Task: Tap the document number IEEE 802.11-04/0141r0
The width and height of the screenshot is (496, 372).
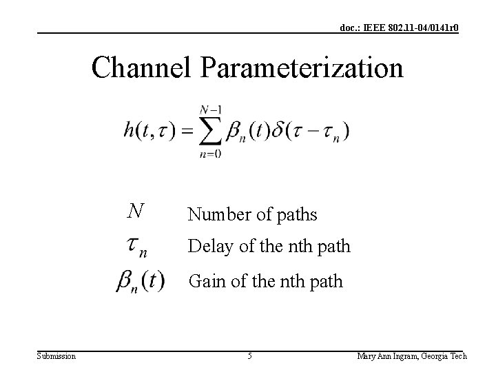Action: pyautogui.click(x=400, y=28)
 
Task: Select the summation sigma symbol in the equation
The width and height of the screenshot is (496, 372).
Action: pyautogui.click(x=209, y=131)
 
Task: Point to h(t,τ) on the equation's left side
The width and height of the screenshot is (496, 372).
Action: pyautogui.click(x=149, y=130)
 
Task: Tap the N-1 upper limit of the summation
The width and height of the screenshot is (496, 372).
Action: pyautogui.click(x=209, y=109)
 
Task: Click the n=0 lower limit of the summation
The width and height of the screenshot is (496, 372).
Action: pyautogui.click(x=209, y=154)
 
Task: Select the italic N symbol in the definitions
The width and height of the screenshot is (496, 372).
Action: pyautogui.click(x=136, y=210)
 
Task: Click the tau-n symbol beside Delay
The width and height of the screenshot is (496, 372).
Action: pyautogui.click(x=137, y=247)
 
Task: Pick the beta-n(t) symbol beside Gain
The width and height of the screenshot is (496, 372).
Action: pyautogui.click(x=140, y=282)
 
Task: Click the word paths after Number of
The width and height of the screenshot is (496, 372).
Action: pyautogui.click(x=296, y=216)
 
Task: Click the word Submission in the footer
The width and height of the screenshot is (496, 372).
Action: pyautogui.click(x=56, y=356)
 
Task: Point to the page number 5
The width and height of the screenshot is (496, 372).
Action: pyautogui.click(x=249, y=356)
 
